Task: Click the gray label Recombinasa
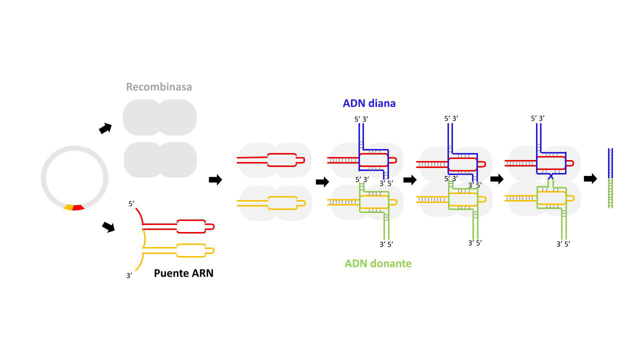(x=158, y=87)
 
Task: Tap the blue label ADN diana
(x=369, y=103)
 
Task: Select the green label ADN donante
(x=378, y=263)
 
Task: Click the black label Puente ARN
(x=183, y=273)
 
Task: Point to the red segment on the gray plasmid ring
(x=78, y=207)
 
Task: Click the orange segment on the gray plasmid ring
(x=68, y=207)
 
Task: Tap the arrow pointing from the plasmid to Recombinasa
(x=105, y=128)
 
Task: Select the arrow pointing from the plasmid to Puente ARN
(x=108, y=227)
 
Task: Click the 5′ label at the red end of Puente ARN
(x=131, y=204)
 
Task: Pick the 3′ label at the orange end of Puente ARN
(x=129, y=275)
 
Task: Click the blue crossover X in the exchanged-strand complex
(x=550, y=176)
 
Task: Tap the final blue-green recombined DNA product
(x=610, y=178)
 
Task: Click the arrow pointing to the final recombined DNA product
(x=590, y=178)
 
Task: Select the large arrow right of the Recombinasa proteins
(x=215, y=180)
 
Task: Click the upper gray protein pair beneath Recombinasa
(x=159, y=117)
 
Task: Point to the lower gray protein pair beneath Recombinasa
(x=160, y=159)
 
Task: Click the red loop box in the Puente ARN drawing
(x=191, y=226)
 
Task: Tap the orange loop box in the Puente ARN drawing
(x=191, y=250)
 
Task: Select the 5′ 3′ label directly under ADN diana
(x=361, y=119)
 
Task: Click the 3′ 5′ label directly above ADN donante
(x=386, y=244)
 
